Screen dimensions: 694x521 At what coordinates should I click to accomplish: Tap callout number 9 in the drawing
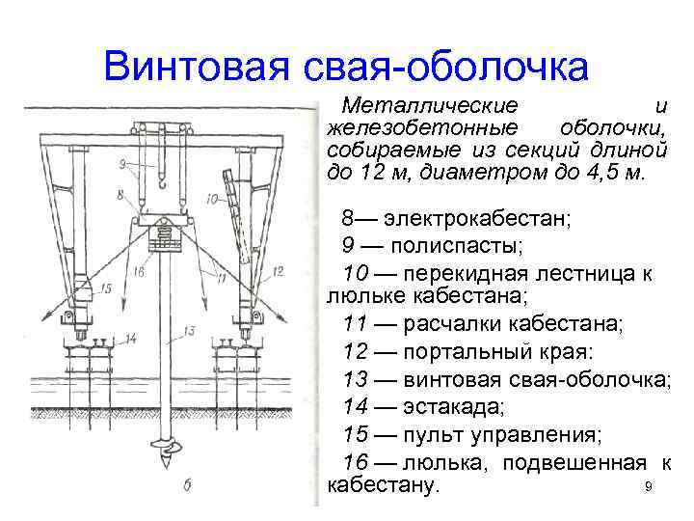click(x=122, y=165)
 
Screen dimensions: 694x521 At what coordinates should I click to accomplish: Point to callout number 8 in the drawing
click(x=119, y=196)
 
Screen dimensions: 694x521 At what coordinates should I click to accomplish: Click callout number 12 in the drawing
click(x=278, y=273)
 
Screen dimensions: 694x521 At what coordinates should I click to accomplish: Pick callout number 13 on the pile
click(x=189, y=331)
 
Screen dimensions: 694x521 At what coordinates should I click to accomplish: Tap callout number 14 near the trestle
click(x=130, y=338)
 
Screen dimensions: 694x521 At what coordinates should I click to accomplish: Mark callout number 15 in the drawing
click(x=105, y=288)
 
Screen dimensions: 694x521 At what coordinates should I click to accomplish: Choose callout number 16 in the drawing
click(x=139, y=273)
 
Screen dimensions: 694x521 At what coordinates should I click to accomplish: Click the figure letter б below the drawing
click(x=186, y=485)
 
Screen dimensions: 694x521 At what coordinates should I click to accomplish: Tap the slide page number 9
click(x=649, y=488)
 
